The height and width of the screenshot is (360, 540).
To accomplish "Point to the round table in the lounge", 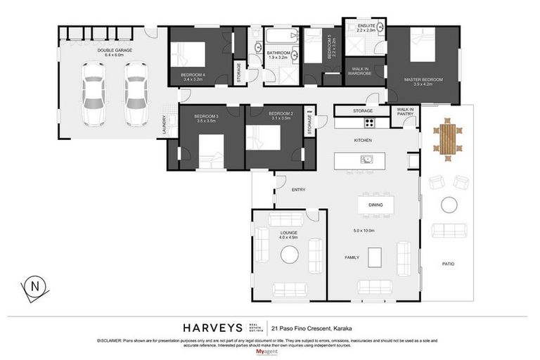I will pos(290,255).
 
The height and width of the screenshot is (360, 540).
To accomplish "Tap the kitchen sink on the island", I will pos(366,160).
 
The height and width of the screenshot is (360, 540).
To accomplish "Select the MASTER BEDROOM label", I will pos(423,79).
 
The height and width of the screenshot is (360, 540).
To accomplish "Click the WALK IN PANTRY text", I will pos(405,111).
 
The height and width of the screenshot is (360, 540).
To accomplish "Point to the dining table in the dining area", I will pos(375,205).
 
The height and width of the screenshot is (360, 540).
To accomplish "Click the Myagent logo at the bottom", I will pos(269,351).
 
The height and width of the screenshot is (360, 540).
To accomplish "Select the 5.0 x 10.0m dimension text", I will pos(364,231).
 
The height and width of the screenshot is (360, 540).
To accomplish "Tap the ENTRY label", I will pos(298,189).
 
